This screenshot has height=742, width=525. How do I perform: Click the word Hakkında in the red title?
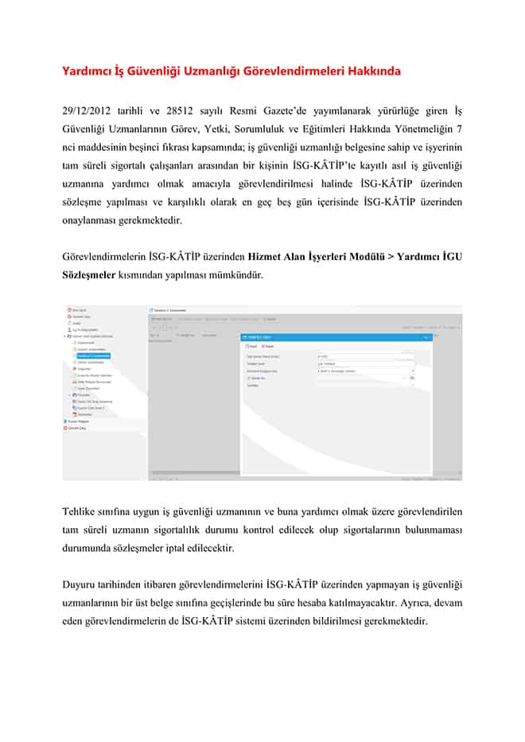tap(373, 71)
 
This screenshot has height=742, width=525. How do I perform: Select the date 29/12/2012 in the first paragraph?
tap(87, 110)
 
